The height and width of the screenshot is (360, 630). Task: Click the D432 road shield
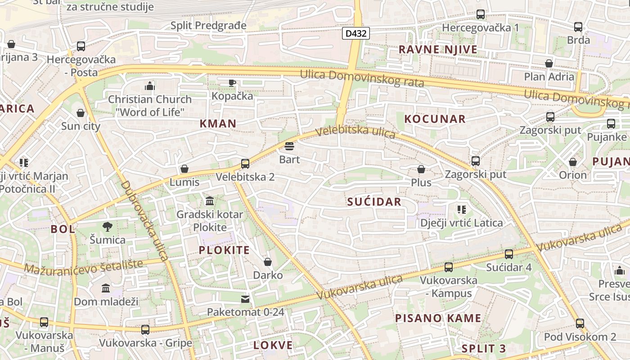point(355,33)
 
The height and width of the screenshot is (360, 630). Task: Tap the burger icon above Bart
point(289,146)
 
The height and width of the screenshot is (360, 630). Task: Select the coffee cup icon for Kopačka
point(232,83)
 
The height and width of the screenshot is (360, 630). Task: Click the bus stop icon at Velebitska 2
point(245,164)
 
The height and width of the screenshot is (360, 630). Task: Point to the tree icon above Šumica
point(107,226)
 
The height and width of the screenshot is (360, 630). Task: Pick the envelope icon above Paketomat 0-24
point(245,299)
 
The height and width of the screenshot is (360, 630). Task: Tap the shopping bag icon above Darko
point(268,262)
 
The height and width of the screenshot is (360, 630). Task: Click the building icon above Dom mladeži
point(106,288)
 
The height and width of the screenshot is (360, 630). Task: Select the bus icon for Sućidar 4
point(509,254)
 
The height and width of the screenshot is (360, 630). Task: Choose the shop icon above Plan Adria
point(549,63)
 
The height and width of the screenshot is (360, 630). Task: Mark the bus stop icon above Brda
point(578,27)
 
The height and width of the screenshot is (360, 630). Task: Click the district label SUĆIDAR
point(374,202)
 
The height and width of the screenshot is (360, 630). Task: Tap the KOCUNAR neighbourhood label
point(435,119)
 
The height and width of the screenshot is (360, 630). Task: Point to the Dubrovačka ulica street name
point(144,220)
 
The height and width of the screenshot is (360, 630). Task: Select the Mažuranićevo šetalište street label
point(83,266)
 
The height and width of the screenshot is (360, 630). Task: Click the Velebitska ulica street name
point(355,131)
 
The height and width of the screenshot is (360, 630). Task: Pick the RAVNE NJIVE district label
point(438,49)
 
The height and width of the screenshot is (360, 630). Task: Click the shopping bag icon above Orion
point(573,162)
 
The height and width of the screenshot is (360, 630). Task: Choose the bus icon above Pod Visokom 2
point(580,323)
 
